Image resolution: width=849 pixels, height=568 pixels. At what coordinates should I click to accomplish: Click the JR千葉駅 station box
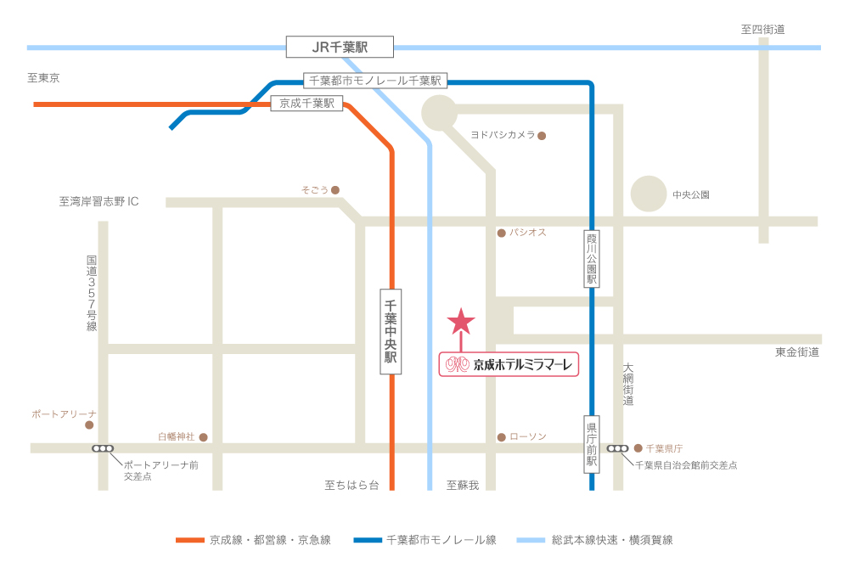(340, 47)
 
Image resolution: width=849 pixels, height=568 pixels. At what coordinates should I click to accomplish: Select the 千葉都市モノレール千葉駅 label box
(375, 81)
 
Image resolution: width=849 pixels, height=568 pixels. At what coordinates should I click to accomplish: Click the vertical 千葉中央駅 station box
(391, 331)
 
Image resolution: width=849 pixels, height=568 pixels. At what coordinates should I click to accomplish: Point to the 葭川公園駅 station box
(592, 259)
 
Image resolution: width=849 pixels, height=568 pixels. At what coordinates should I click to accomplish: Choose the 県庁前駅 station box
(592, 444)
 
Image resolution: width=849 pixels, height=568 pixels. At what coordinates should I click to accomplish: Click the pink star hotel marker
(461, 321)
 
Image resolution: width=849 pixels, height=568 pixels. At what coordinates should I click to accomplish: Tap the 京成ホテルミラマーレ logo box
(509, 364)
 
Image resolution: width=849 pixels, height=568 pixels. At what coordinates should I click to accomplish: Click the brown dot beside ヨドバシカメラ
(542, 135)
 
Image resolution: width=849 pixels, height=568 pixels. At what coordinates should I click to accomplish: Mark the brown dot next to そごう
(335, 190)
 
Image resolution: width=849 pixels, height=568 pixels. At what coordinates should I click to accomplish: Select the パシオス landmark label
(528, 232)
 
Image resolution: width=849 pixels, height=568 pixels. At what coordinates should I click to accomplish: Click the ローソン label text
(528, 436)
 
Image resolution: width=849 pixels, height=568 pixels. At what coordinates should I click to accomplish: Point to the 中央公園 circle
(649, 194)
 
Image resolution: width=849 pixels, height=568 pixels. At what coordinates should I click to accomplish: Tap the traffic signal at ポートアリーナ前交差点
(103, 448)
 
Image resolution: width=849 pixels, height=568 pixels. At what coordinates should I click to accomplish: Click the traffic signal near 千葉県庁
(617, 448)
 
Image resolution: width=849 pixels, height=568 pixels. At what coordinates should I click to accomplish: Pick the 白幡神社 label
(177, 436)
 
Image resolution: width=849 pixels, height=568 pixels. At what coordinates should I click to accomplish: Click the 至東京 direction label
(43, 78)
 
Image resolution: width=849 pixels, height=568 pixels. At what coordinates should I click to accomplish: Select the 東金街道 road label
(797, 351)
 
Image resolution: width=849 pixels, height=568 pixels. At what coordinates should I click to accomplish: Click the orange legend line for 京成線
(190, 540)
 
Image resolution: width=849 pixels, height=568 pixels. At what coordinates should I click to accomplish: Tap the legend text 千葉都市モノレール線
(441, 540)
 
